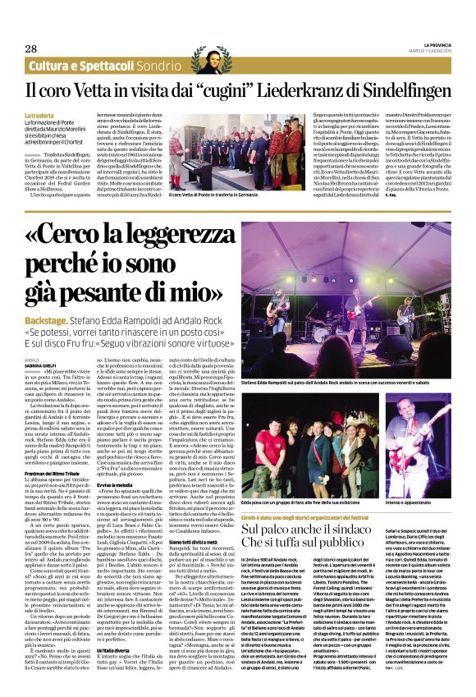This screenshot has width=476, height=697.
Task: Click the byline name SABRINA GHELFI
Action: point(43,365)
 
